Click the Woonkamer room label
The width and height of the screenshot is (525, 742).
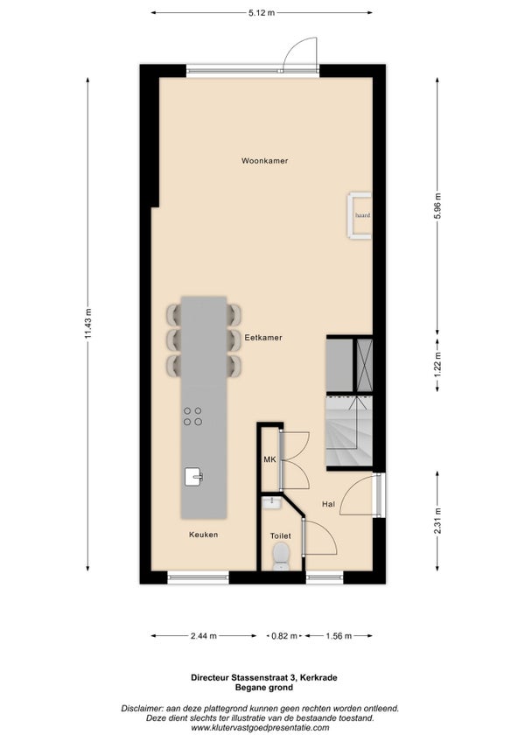pyautogui.click(x=264, y=161)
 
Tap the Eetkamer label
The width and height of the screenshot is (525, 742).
pyautogui.click(x=263, y=338)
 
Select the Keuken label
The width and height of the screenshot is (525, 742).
pyautogui.click(x=204, y=535)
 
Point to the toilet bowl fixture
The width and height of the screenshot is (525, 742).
pyautogui.click(x=281, y=556)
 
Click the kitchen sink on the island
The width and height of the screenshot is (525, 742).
pyautogui.click(x=193, y=477)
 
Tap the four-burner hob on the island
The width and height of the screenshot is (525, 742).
pyautogui.click(x=192, y=416)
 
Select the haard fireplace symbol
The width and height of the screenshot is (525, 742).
pyautogui.click(x=360, y=215)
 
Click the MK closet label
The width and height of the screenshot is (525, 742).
pyautogui.click(x=269, y=459)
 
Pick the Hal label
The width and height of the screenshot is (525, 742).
pyautogui.click(x=328, y=504)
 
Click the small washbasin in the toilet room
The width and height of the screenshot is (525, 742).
pyautogui.click(x=273, y=502)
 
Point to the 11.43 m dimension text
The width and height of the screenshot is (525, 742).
pyautogui.click(x=88, y=324)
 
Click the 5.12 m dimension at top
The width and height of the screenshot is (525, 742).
pyautogui.click(x=262, y=13)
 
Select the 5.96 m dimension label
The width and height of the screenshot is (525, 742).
pyautogui.click(x=437, y=206)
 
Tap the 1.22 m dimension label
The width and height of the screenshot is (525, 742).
pyautogui.click(x=437, y=364)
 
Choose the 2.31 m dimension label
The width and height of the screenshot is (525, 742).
pyautogui.click(x=437, y=521)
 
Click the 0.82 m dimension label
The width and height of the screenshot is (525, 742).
pyautogui.click(x=284, y=636)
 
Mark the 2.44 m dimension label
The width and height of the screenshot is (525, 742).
pyautogui.click(x=204, y=636)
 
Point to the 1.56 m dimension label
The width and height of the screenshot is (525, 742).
pyautogui.click(x=339, y=636)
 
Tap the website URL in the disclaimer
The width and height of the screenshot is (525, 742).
pyautogui.click(x=261, y=728)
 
